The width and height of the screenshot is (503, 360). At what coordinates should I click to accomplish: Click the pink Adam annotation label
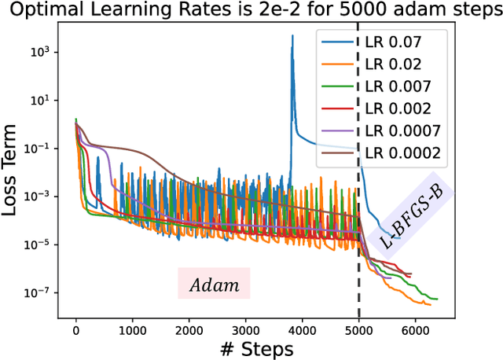pos(214,284)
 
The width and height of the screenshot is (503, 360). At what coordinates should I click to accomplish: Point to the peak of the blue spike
pos(292,35)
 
